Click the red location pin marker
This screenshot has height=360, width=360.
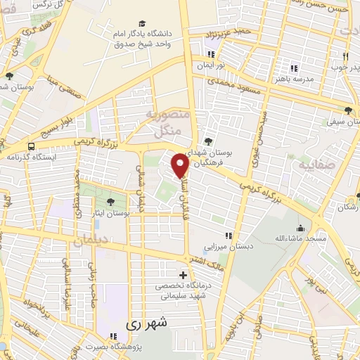pos(181,166)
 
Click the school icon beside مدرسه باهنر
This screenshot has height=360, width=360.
pos(294,67)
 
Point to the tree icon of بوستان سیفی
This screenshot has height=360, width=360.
pos(349,110)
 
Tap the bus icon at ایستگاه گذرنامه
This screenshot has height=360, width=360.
pos(30,147)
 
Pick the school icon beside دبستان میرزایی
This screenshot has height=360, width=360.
pos(227,236)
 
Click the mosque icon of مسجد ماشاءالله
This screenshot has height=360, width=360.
pos(300,228)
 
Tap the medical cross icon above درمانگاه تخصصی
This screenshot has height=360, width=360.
pos(184,275)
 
